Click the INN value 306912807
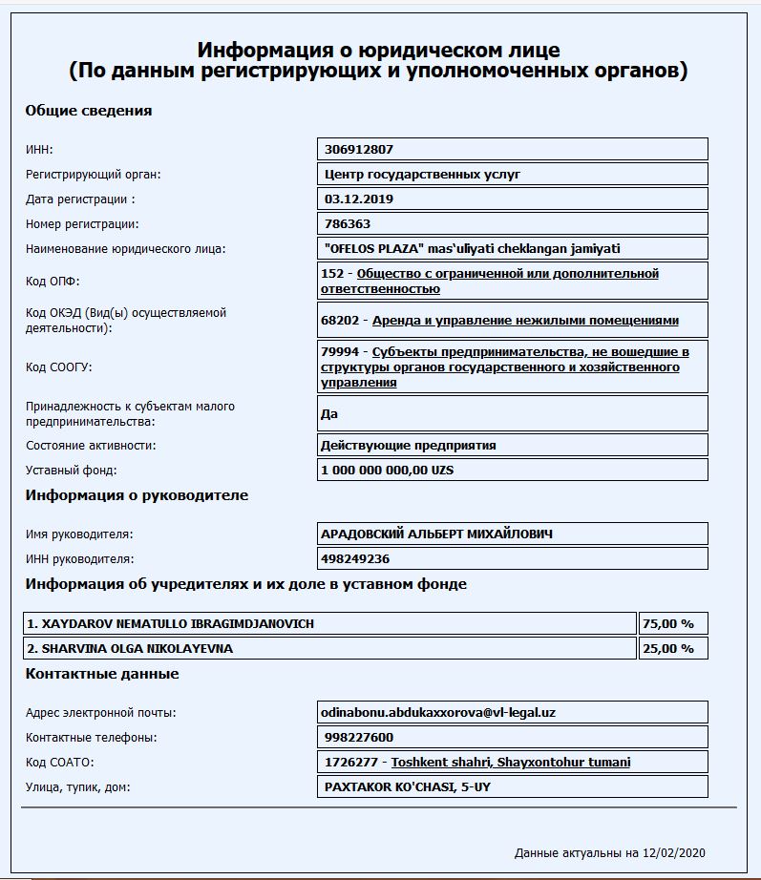click(x=359, y=150)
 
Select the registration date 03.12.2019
click(x=359, y=199)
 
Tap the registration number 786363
click(x=348, y=224)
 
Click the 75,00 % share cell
click(x=668, y=623)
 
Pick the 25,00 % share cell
click(x=668, y=648)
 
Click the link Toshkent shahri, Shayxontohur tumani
click(x=511, y=762)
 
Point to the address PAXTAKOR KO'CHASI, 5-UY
click(x=408, y=786)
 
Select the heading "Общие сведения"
click(x=89, y=111)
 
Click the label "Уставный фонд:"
click(x=72, y=471)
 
